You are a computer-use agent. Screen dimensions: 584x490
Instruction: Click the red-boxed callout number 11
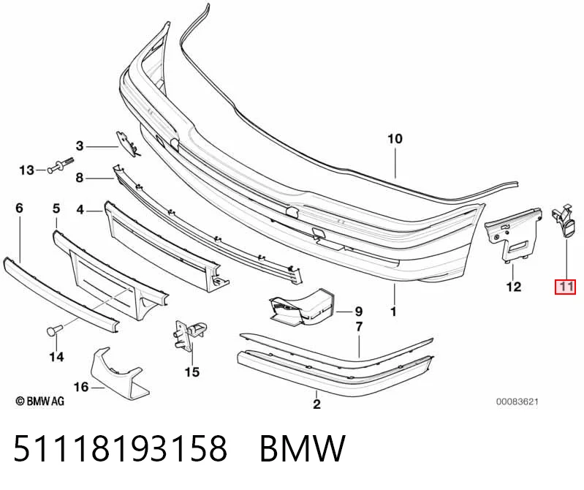(x=566, y=287)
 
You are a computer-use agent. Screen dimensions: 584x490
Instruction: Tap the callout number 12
(x=513, y=287)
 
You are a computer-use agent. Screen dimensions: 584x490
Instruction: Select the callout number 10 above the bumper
(x=395, y=139)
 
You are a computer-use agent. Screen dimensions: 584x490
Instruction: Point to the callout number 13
(x=26, y=170)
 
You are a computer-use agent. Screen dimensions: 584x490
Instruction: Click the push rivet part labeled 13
(x=60, y=166)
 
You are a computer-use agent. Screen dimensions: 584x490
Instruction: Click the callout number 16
(x=81, y=387)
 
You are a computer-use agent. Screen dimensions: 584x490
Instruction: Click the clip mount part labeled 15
(x=189, y=333)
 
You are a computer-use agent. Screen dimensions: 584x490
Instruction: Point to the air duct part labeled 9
(x=301, y=306)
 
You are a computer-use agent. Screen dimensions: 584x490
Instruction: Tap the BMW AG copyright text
(x=40, y=401)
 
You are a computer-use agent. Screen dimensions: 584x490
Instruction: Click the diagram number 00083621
(x=517, y=402)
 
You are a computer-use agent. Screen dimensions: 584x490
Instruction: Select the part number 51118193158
(x=120, y=448)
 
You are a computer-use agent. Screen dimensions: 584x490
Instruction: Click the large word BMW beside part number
(x=303, y=448)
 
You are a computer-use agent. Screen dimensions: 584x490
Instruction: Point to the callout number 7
(x=359, y=327)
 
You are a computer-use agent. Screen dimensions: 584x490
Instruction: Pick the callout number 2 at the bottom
(x=316, y=404)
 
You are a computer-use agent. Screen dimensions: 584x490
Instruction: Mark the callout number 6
(x=19, y=208)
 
